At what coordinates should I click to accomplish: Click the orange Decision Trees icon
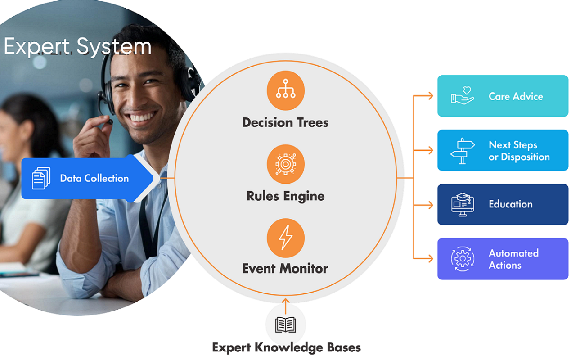[x=286, y=91]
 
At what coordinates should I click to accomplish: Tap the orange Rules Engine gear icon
[x=286, y=164]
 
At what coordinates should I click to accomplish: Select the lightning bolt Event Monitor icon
[x=286, y=238]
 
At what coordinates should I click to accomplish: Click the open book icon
[x=286, y=324]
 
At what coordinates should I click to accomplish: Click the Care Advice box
[x=503, y=96]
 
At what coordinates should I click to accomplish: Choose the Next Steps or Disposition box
[x=503, y=150]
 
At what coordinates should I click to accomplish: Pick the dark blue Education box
[x=503, y=204]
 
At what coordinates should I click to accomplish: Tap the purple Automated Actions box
[x=503, y=259]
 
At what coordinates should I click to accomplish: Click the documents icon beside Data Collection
[x=41, y=178]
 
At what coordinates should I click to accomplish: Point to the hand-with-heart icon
[x=463, y=96]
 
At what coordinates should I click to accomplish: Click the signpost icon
[x=463, y=151]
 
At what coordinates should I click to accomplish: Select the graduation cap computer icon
[x=463, y=204]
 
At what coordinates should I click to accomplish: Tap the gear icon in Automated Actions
[x=463, y=259]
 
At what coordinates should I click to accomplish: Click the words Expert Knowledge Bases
[x=286, y=347]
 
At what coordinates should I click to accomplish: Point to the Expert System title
[x=77, y=47]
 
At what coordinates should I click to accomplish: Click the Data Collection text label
[x=94, y=178]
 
